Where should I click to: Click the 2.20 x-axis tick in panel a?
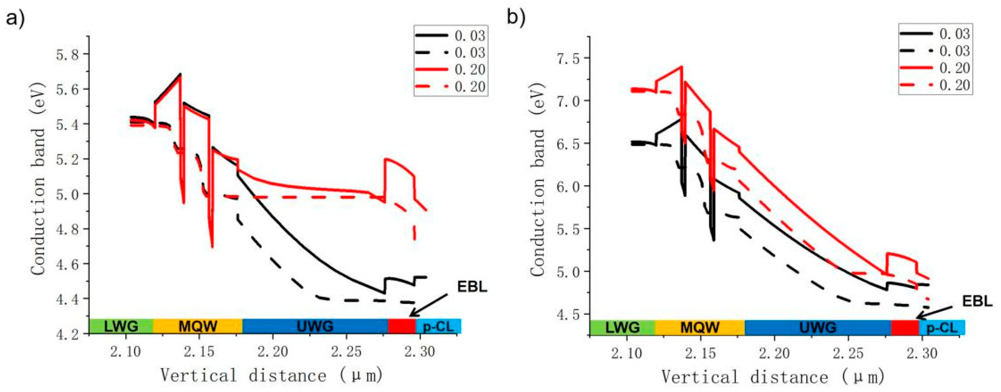tap(273, 352)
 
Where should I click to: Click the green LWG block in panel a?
tap(121, 326)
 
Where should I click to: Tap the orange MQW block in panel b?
tap(700, 327)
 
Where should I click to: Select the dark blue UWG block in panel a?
tap(315, 326)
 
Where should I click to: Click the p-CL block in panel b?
tap(942, 328)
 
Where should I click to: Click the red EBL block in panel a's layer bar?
tap(402, 326)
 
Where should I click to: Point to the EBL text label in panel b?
tap(977, 301)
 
